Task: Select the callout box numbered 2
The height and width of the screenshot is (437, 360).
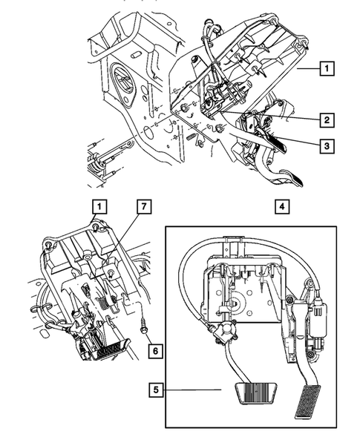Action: click(326, 119)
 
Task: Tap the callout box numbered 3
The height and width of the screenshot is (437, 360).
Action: click(326, 147)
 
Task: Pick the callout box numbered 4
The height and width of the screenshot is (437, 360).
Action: click(281, 207)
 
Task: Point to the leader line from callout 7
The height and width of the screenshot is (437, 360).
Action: click(122, 234)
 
